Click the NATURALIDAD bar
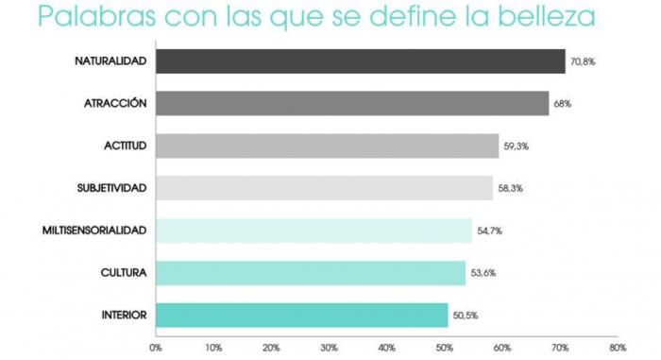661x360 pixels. coord(360,61)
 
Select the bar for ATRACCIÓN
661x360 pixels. coord(352,103)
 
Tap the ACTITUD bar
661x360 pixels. coord(327,146)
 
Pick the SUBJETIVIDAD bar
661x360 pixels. coord(324,188)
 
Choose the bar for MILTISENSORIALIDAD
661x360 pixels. coord(314,231)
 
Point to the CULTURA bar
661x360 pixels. coord(311,273)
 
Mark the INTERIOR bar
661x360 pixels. coord(301,315)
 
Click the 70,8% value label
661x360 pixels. coord(583,62)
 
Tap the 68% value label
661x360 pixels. coord(562,104)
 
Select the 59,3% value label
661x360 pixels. coord(517,146)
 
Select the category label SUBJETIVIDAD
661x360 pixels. coord(111,188)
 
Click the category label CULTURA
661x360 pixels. coord(123,273)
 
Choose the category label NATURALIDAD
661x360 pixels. coord(110,61)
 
